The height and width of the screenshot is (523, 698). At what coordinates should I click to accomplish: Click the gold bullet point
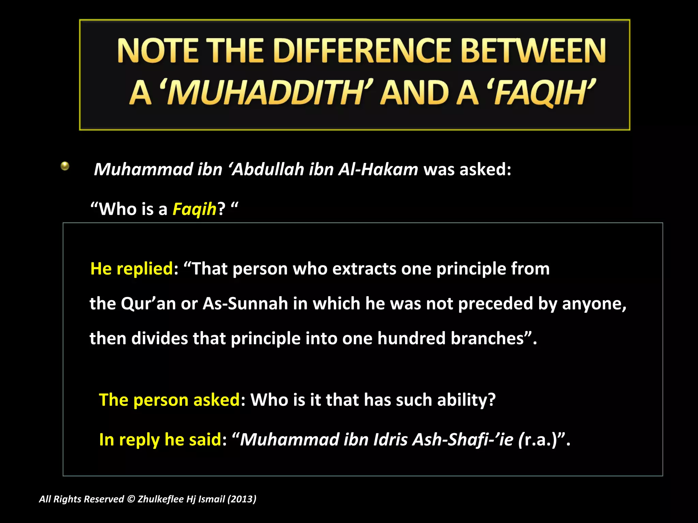65,167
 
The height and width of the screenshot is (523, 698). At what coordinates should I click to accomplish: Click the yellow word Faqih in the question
194,209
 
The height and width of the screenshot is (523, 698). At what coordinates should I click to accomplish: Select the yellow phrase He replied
132,269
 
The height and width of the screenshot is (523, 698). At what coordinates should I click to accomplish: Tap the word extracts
364,269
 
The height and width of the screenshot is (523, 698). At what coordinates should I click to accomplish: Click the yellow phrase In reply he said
160,439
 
